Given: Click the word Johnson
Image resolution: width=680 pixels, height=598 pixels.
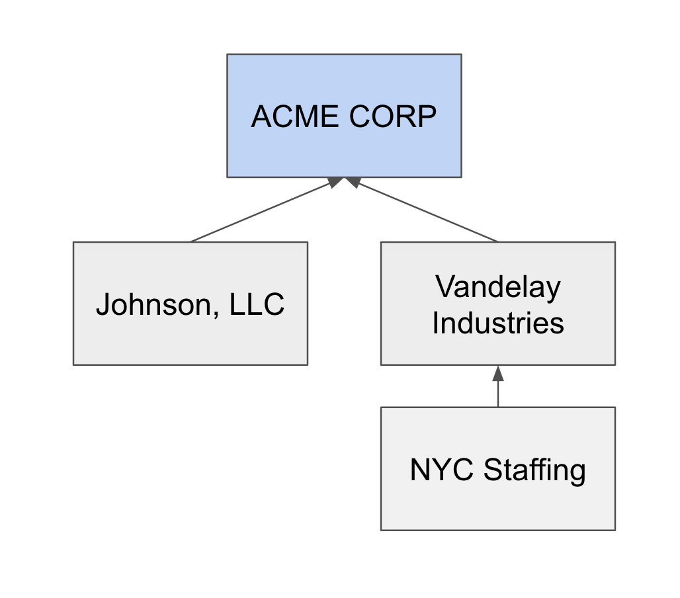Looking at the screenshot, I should (x=152, y=305).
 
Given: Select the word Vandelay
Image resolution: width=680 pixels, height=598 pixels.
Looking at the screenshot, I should (x=497, y=288).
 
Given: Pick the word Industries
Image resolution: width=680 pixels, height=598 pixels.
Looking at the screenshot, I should (x=497, y=323).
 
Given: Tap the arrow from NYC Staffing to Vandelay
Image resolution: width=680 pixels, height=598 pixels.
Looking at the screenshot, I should (x=498, y=390).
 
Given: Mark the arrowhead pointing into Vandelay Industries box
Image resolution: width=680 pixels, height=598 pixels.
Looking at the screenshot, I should (x=498, y=372).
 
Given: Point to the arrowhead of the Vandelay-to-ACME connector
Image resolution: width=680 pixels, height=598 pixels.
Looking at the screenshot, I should (x=353, y=181).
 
